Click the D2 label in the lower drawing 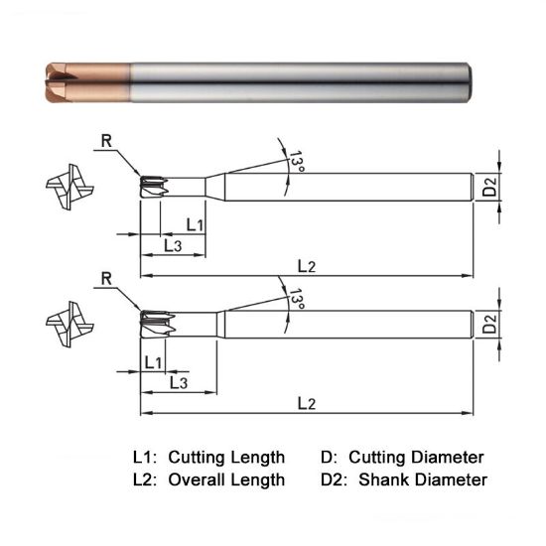[x=487, y=323]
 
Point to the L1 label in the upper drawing [x=195, y=225]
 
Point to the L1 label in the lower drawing [x=153, y=361]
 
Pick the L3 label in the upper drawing [x=171, y=244]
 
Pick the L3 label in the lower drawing [x=179, y=381]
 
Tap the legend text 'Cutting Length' [x=226, y=458]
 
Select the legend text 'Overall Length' [x=226, y=479]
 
